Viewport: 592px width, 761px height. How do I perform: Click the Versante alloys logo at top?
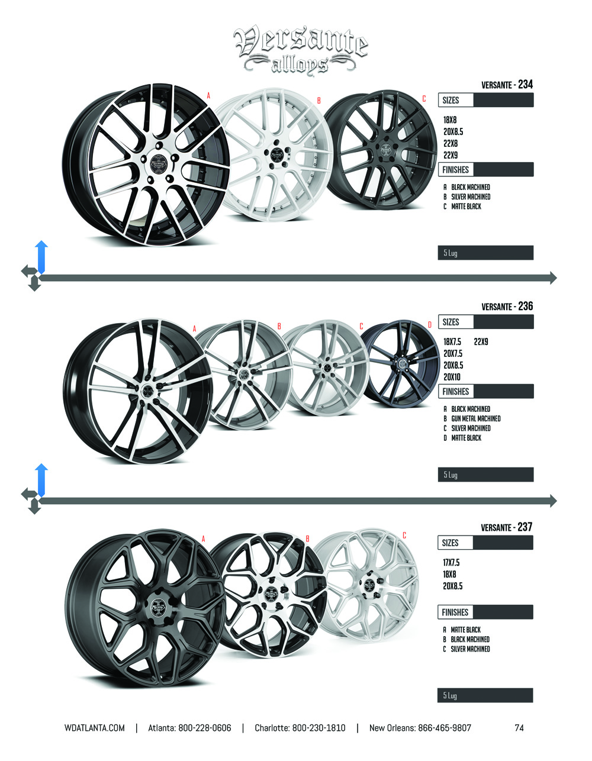[x=301, y=49]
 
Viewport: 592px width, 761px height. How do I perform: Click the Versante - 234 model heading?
[x=507, y=85]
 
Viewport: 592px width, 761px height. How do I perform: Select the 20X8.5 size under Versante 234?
[x=453, y=131]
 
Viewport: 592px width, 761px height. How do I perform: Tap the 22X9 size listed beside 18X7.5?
[x=481, y=341]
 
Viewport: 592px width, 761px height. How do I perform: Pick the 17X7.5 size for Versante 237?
[x=451, y=562]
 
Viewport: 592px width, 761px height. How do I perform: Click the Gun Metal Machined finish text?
[x=475, y=418]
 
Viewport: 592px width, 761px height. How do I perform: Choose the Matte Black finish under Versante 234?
[x=466, y=207]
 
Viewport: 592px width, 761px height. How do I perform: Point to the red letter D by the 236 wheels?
[x=430, y=325]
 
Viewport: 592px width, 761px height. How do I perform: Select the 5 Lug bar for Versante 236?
[x=485, y=475]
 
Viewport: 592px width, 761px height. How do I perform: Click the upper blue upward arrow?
[x=41, y=256]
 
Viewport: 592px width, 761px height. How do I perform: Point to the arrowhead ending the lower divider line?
[x=553, y=501]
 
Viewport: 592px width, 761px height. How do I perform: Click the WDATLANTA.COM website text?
[x=95, y=728]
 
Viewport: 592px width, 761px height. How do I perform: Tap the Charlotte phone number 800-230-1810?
[x=318, y=728]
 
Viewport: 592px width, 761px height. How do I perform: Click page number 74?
[x=519, y=728]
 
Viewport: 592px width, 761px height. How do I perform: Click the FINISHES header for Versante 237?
[x=455, y=612]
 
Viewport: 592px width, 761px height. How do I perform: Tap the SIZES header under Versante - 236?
[x=451, y=322]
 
